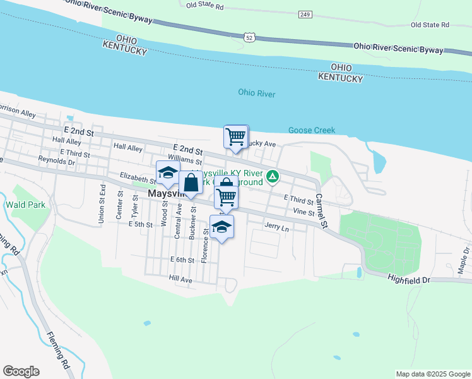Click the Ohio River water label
pyautogui.click(x=257, y=93)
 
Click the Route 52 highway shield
pyautogui.click(x=251, y=39)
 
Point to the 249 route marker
pyautogui.click(x=305, y=14)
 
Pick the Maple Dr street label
pyautogui.click(x=463, y=265)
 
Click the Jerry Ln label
pyautogui.click(x=276, y=227)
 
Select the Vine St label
pyautogui.click(x=304, y=213)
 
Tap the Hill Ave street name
pyautogui.click(x=180, y=279)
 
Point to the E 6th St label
pyautogui.click(x=182, y=260)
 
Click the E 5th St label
pyautogui.click(x=140, y=224)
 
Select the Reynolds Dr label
pyautogui.click(x=56, y=161)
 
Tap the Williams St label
pyautogui.click(x=184, y=162)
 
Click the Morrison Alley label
pyautogui.click(x=17, y=111)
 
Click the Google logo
pyautogui.click(x=21, y=371)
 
